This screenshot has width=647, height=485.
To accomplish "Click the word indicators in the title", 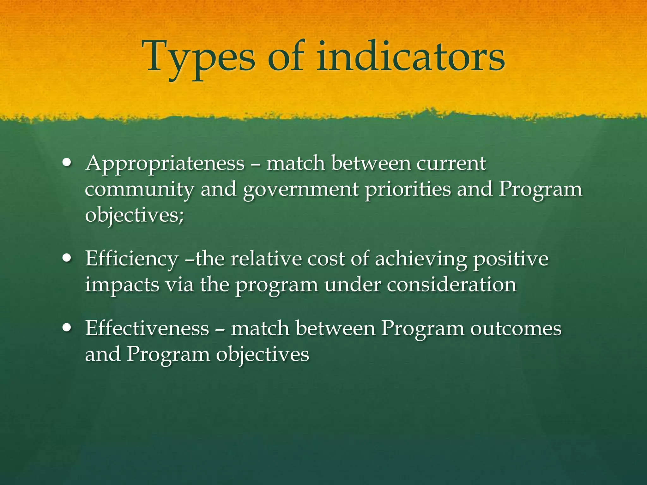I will tap(411, 57).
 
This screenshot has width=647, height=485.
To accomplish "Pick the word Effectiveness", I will tap(147, 328).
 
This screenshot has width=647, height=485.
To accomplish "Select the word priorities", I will tap(408, 189).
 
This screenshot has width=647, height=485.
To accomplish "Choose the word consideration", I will tap(452, 285).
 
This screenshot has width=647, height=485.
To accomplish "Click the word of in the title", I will tap(286, 57).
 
